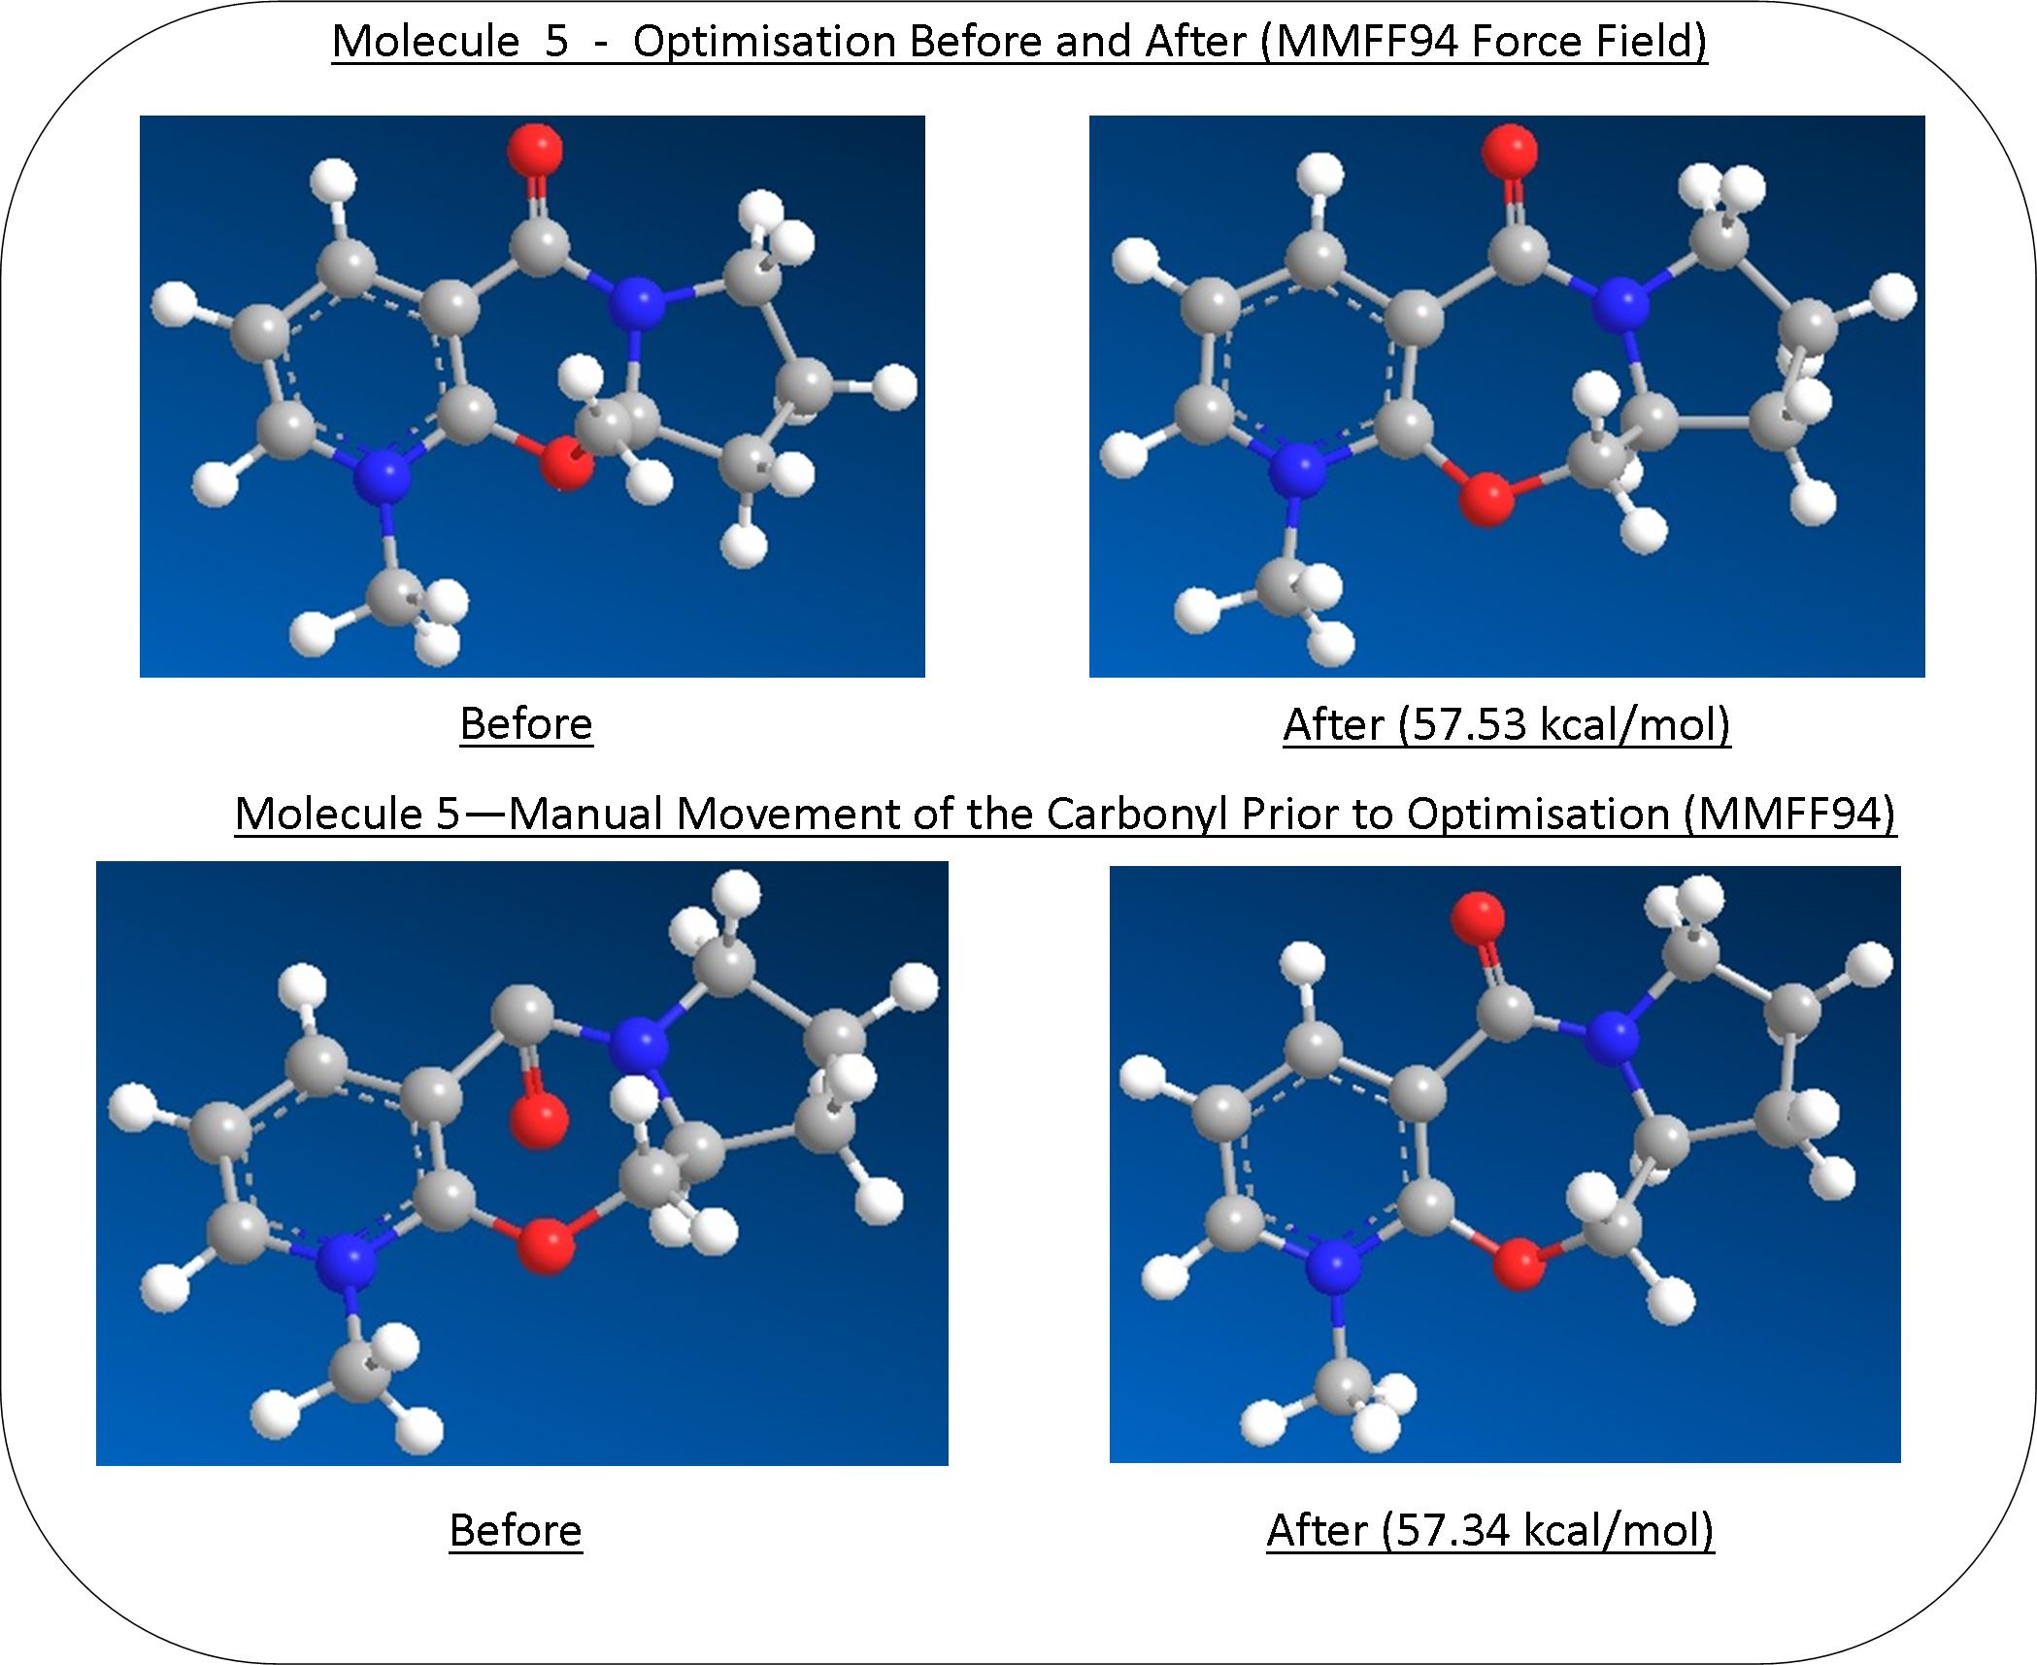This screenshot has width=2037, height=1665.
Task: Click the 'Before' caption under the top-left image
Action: (526, 724)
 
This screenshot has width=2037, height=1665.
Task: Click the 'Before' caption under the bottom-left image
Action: (516, 1530)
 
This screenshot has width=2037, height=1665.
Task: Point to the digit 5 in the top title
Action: (556, 42)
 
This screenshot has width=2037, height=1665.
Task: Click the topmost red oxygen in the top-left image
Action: (534, 150)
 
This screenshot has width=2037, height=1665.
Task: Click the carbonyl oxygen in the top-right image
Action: (1510, 150)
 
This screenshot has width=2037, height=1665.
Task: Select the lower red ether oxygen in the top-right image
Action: (1486, 499)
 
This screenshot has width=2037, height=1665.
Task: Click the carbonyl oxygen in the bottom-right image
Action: (1477, 917)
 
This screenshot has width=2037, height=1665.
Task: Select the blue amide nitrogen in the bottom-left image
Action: (639, 1045)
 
